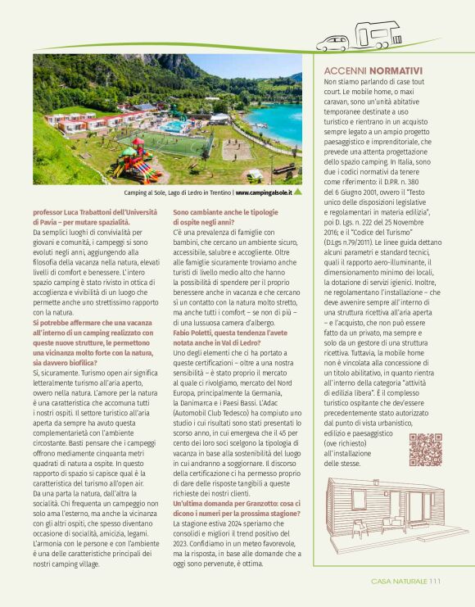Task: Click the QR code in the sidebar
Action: [x=425, y=449]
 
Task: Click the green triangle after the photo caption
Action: [x=297, y=193]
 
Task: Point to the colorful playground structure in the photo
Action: [x=133, y=160]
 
